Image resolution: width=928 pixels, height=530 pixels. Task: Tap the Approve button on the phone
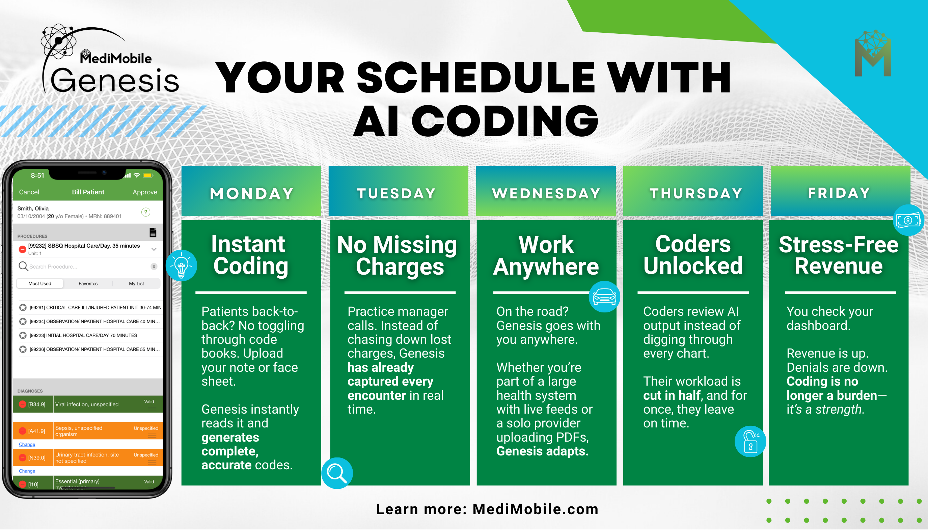[145, 192]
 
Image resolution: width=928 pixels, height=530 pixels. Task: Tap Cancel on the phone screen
[29, 192]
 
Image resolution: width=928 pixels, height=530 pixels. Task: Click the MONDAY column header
[251, 193]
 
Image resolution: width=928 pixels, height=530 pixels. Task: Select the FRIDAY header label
[839, 193]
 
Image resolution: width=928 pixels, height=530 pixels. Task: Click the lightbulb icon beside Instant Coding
[181, 266]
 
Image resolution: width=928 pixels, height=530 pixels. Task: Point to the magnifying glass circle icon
[337, 473]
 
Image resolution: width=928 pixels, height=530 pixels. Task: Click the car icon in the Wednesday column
[604, 297]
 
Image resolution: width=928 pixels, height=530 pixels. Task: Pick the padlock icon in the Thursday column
[750, 442]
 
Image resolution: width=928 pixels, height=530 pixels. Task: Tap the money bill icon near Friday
[908, 220]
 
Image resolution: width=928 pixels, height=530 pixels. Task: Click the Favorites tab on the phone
[88, 284]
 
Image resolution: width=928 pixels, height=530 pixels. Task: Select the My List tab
[137, 284]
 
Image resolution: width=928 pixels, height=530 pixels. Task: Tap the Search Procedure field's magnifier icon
[23, 267]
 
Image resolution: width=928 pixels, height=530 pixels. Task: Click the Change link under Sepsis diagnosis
[27, 444]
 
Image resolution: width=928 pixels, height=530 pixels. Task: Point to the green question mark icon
[146, 212]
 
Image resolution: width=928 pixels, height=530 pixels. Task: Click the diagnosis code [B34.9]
[37, 405]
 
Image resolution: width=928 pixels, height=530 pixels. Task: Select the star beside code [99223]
[23, 335]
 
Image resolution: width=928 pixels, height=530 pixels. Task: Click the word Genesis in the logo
[115, 80]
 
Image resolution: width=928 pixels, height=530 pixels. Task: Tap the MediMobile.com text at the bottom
[536, 509]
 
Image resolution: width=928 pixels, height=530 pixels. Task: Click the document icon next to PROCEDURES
[153, 232]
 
